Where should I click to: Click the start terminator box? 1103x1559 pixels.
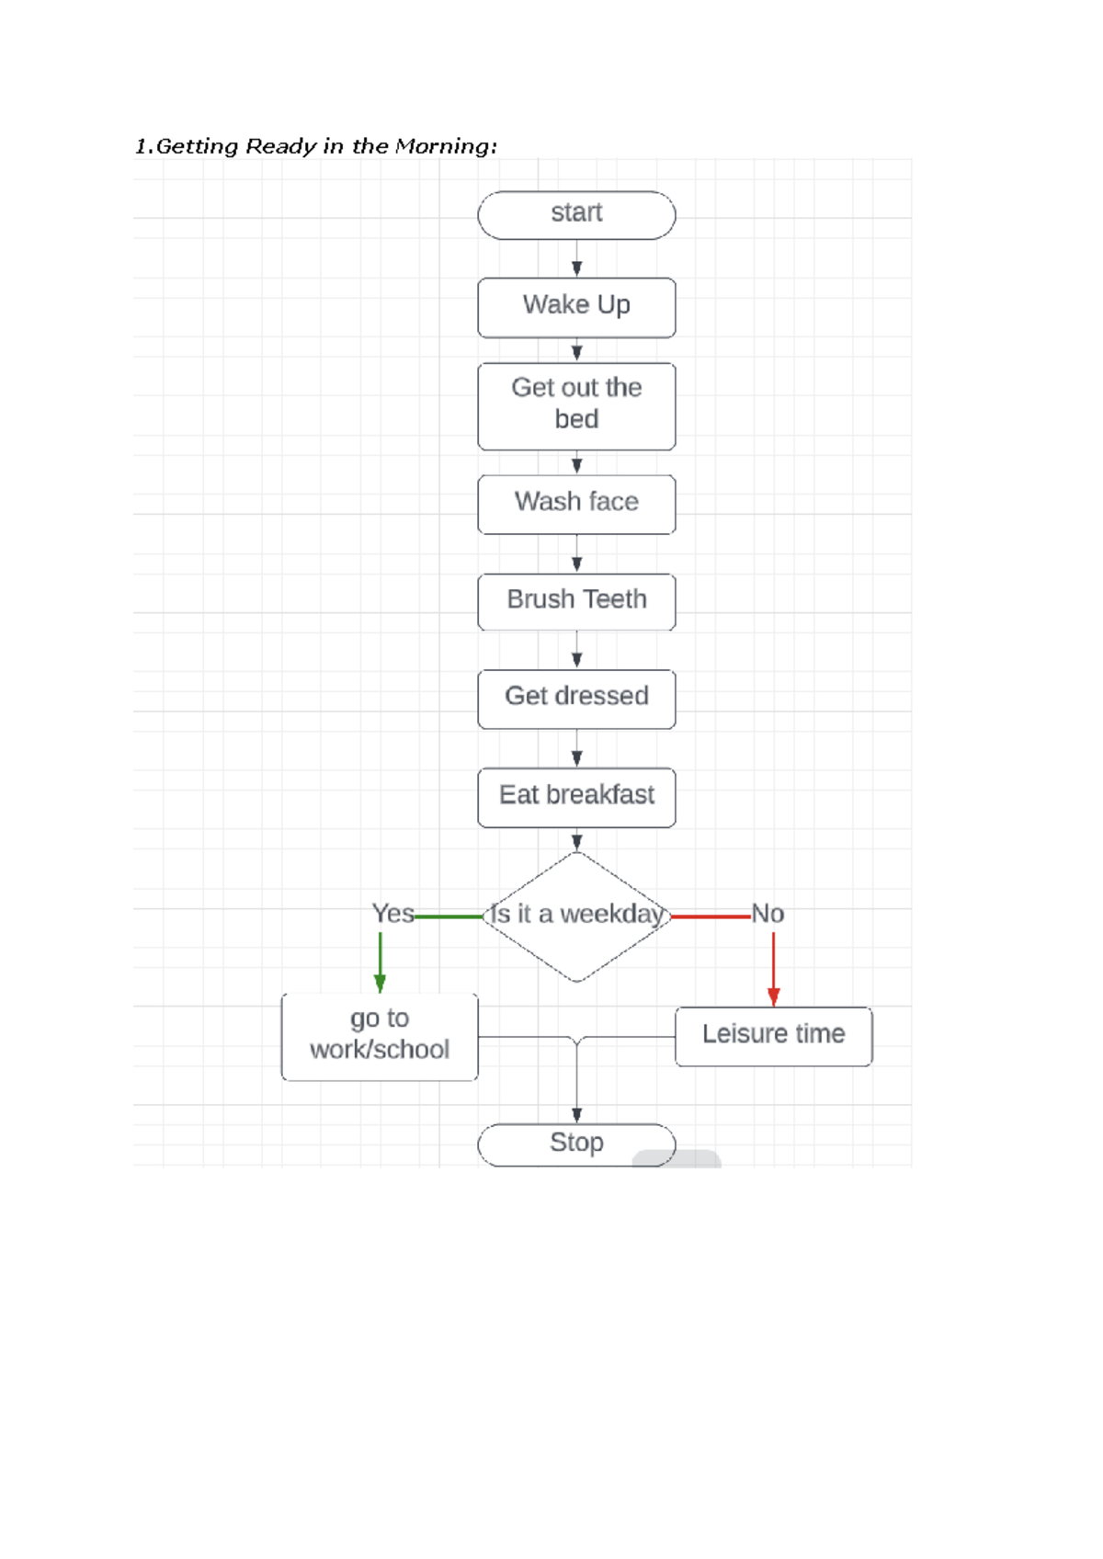(576, 215)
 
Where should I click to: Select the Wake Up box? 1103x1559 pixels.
(576, 307)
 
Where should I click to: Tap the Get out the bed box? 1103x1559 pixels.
(576, 405)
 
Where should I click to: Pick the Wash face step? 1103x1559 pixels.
(576, 504)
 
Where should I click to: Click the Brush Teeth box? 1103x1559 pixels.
(576, 601)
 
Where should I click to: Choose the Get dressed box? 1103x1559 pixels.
(576, 699)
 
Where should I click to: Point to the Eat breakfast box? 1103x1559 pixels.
(576, 797)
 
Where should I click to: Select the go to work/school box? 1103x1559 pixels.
(380, 1036)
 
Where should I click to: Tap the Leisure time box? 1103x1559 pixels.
(773, 1036)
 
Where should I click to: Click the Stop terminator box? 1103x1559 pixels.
(576, 1144)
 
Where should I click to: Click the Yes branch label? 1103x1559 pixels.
(392, 914)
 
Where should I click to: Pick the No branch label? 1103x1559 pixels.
(768, 914)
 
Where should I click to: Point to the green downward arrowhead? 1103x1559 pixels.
(380, 984)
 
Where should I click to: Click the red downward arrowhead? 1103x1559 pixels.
(773, 996)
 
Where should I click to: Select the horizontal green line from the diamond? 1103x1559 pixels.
(448, 916)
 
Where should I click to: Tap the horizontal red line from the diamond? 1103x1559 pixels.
(711, 916)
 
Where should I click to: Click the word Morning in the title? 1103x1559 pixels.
(445, 146)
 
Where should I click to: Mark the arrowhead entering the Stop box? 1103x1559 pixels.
(576, 1115)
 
